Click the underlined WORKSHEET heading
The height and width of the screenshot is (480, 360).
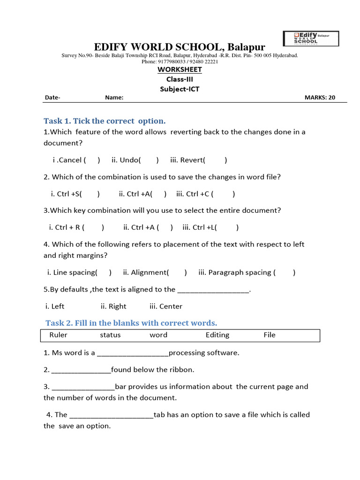click(x=180, y=69)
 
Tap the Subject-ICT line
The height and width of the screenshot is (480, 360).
click(x=180, y=89)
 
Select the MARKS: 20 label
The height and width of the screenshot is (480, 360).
click(x=320, y=98)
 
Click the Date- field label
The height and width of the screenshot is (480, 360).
click(x=52, y=98)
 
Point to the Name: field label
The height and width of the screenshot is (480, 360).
click(x=114, y=98)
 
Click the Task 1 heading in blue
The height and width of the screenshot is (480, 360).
click(x=105, y=121)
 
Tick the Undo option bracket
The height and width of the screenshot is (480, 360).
click(x=150, y=160)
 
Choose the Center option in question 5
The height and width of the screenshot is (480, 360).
click(x=166, y=307)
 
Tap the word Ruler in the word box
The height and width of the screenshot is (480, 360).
click(x=58, y=335)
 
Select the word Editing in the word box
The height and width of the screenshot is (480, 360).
click(x=217, y=335)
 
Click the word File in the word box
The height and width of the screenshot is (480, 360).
click(x=270, y=335)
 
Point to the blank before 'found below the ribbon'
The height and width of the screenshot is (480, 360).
click(x=81, y=370)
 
